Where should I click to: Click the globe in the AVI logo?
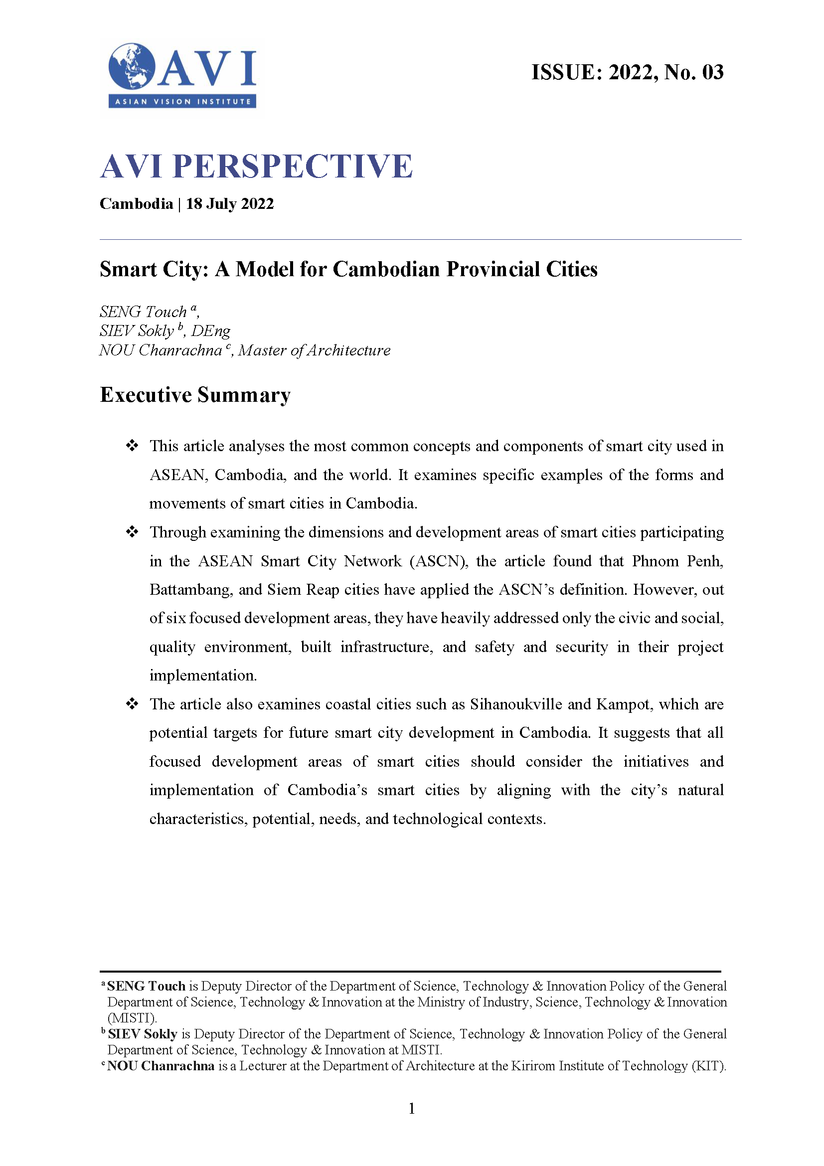[x=132, y=66]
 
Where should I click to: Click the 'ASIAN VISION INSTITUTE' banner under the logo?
[x=182, y=101]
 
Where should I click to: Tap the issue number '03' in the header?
[x=712, y=72]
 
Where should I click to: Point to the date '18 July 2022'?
[x=229, y=204]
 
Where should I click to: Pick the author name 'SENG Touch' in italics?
[x=143, y=311]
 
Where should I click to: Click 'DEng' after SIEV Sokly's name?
[x=211, y=331]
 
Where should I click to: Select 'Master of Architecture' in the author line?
[x=314, y=350]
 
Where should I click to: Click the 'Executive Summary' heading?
[x=195, y=395]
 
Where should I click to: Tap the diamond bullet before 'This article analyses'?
[x=132, y=446]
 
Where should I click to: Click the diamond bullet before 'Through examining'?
[x=132, y=532]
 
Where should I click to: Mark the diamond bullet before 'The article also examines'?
[x=132, y=704]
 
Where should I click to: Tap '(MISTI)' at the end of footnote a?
[x=132, y=1018]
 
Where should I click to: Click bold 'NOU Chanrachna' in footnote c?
[x=161, y=1065]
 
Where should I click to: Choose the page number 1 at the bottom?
[x=412, y=1108]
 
